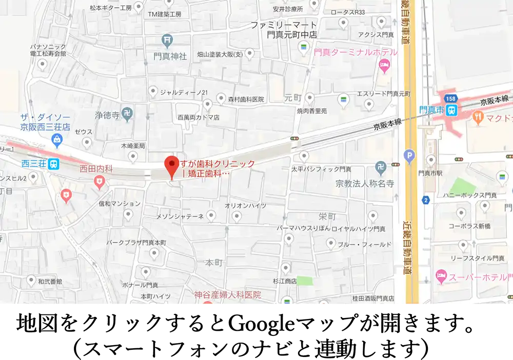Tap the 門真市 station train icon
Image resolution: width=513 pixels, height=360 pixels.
pos(451,110)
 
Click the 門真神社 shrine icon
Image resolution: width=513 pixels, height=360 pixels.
pos(167,39)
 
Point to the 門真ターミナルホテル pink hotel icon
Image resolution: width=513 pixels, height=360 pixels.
pos(384,65)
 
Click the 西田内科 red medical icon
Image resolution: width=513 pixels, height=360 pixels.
pos(100,180)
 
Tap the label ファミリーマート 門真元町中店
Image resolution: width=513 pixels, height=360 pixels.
pos(284,30)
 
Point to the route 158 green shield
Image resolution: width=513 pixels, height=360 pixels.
pos(450,98)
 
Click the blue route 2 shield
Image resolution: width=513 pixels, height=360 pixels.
pos(425,200)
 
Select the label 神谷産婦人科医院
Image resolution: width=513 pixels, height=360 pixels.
pos(227,295)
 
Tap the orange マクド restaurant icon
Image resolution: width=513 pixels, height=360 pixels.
pos(478,117)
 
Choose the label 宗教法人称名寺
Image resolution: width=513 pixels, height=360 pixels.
pos(365,183)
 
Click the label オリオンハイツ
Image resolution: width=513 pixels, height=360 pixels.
pos(245,206)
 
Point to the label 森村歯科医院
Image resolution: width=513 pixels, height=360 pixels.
pos(245,99)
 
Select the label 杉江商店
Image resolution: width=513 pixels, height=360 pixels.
pos(285,281)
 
